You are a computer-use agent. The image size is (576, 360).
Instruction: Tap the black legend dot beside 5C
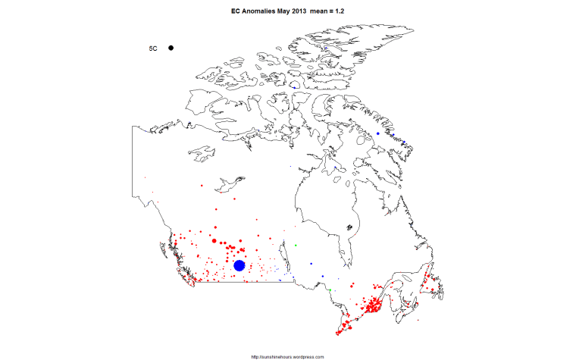[x=171, y=48]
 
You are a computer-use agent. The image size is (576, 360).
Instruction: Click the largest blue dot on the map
[x=239, y=265]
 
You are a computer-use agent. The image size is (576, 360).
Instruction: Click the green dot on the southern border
[x=330, y=290]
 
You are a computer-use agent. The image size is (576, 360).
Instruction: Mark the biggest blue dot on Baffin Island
[x=377, y=133]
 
